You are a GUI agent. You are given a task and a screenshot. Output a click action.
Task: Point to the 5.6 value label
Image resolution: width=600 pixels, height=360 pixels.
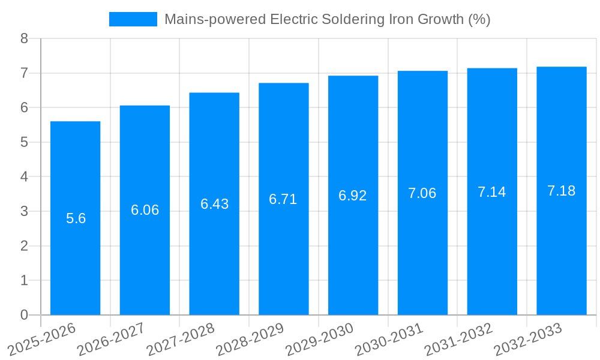point(76,218)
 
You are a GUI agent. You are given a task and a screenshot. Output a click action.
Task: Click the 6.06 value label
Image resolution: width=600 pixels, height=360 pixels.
point(145,210)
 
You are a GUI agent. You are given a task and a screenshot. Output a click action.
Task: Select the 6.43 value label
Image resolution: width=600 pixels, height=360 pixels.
point(214,204)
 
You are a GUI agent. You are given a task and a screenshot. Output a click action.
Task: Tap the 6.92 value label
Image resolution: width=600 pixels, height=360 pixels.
point(353,196)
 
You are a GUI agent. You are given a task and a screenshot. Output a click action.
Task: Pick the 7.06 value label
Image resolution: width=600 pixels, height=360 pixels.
point(422,193)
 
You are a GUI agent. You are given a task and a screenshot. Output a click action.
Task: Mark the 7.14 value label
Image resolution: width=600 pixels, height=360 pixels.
point(492,192)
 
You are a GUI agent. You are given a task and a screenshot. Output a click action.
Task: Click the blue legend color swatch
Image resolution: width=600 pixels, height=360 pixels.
point(133,19)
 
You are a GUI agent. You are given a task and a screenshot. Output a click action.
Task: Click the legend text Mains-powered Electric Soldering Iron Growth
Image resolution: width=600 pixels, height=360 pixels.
point(328,19)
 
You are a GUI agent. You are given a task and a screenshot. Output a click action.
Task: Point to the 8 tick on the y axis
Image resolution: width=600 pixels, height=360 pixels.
point(24,39)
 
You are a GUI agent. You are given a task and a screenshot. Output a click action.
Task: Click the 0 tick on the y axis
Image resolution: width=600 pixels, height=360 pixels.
point(24,315)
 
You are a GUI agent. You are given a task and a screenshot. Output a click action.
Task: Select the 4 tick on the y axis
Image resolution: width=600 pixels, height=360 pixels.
point(24,177)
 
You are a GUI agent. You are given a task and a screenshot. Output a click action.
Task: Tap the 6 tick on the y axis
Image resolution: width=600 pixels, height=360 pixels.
point(24,108)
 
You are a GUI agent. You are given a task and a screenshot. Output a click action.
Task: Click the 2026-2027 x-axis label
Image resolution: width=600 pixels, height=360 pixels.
point(111,339)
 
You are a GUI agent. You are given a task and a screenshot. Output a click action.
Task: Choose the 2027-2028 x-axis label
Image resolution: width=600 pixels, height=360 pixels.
point(181,339)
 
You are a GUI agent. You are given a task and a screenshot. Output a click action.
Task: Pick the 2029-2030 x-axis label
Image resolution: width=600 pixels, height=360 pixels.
point(319,339)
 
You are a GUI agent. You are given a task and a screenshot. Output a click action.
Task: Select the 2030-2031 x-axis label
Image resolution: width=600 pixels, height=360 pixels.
point(389,339)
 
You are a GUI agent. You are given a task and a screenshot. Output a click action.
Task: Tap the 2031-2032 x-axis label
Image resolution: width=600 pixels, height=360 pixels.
point(458,339)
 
